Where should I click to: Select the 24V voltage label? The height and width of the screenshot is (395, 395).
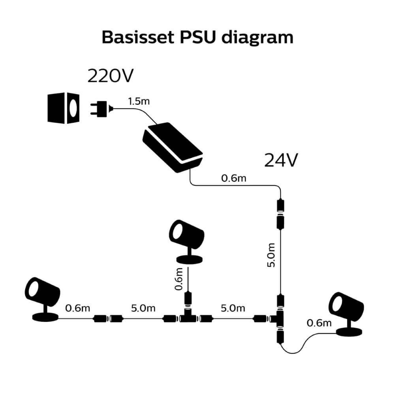click(x=280, y=160)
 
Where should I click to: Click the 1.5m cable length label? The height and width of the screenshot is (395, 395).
click(x=139, y=101)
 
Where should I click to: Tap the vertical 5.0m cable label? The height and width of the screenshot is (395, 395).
click(x=271, y=255)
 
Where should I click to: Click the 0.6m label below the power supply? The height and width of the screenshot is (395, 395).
click(x=233, y=178)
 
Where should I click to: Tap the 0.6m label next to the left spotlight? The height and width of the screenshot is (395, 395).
click(x=77, y=308)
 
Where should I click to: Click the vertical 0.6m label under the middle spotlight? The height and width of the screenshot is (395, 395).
click(x=179, y=279)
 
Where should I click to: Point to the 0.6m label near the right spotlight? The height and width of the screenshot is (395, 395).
click(x=319, y=324)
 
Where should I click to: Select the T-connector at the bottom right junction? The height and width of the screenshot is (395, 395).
click(x=279, y=317)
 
